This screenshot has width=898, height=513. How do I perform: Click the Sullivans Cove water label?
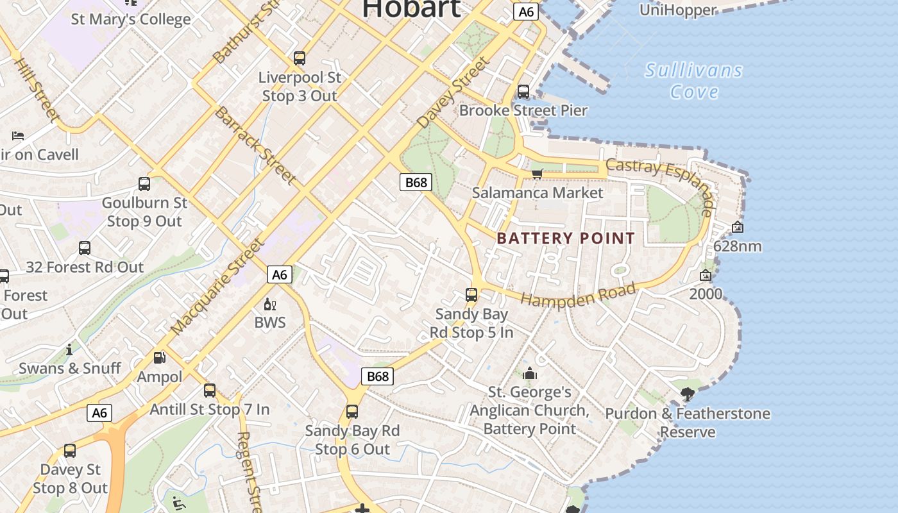point(693,81)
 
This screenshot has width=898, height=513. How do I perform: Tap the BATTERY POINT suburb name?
point(566,239)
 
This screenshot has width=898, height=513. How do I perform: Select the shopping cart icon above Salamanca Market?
point(538,174)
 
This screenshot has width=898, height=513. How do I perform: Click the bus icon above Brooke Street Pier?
point(523,92)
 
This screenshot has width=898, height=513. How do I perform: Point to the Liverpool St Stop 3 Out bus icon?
point(300,58)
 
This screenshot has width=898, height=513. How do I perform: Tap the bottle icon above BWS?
point(270,304)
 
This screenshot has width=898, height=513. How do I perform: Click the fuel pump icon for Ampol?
point(159,358)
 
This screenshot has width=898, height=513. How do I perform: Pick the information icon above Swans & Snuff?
point(69,349)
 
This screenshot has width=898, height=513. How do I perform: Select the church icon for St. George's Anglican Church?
point(530,373)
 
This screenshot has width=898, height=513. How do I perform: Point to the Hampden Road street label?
point(578,295)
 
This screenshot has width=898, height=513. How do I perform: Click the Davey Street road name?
point(452,93)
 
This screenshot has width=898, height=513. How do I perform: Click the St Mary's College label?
point(131,19)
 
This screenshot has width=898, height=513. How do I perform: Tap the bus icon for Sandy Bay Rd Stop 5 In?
point(471,295)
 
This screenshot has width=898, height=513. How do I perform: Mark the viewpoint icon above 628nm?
point(738,227)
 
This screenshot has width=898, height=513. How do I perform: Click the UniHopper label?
point(678,10)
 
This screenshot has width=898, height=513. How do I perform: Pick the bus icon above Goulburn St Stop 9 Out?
point(144,185)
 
